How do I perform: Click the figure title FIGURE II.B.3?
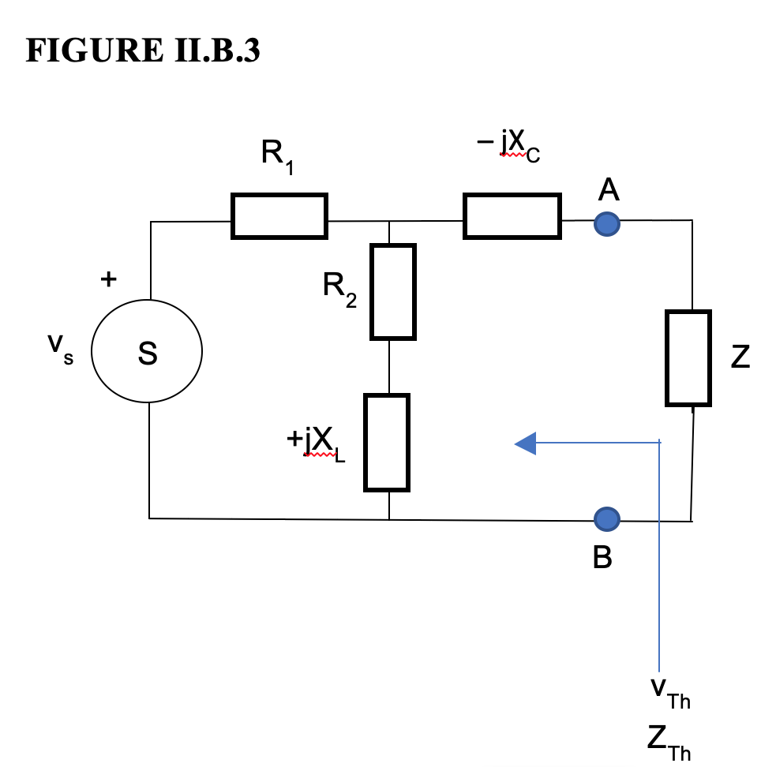[143, 51]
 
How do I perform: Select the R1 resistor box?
[279, 215]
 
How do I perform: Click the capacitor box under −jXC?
[512, 215]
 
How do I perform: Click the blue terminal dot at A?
[606, 224]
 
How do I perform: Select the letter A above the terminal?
[608, 189]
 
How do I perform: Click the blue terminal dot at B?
[606, 518]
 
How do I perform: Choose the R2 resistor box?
[393, 292]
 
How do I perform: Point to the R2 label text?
[339, 288]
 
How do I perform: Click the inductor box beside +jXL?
[387, 442]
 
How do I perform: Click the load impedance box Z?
[688, 358]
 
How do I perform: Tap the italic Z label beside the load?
[739, 358]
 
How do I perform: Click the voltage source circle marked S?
[147, 352]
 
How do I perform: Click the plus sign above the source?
[107, 279]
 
